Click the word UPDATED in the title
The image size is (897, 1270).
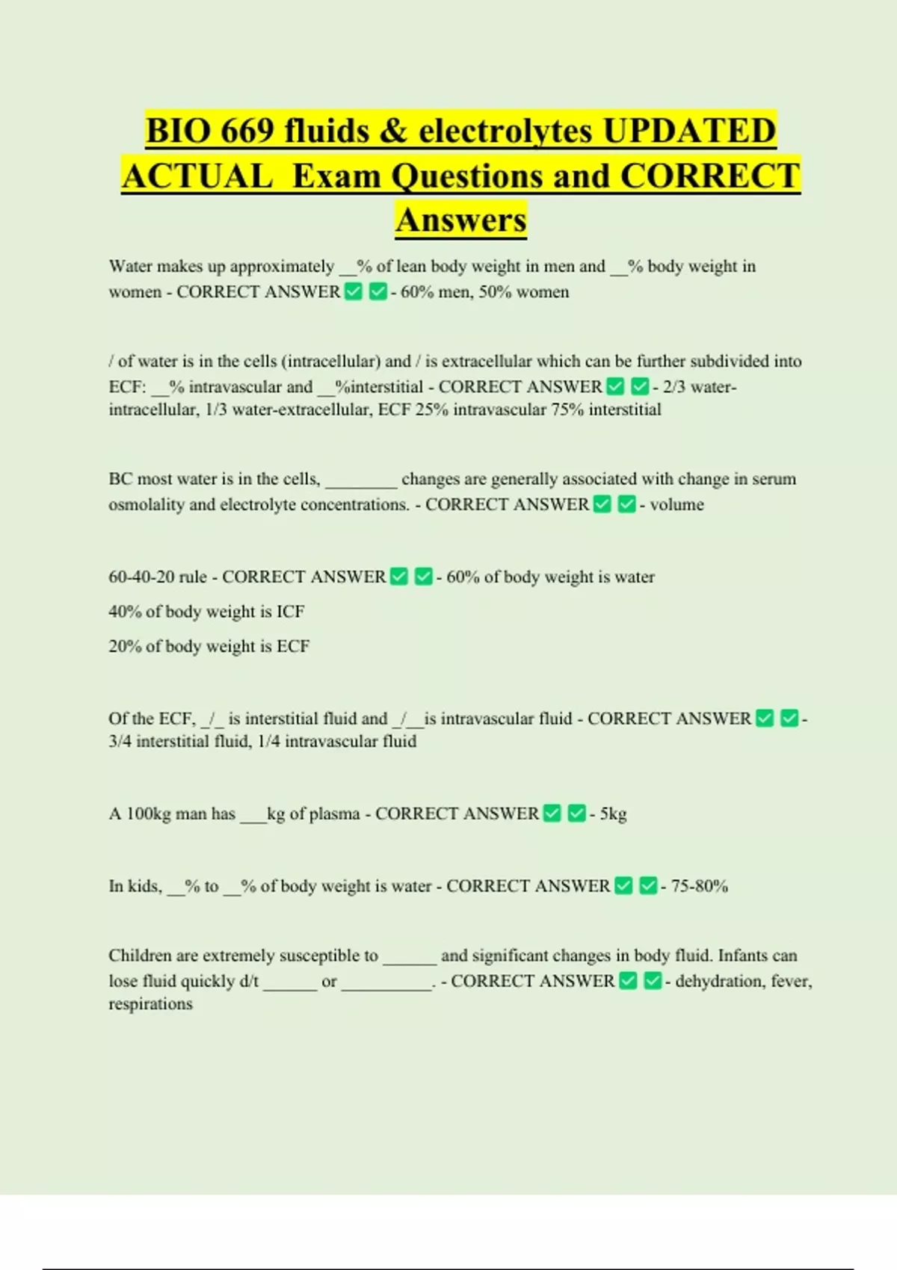689,131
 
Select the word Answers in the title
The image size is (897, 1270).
461,220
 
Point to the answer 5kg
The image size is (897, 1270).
613,814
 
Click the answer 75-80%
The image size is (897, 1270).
700,886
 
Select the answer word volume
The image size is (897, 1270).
676,504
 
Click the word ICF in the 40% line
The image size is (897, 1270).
290,612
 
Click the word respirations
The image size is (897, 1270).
150,1004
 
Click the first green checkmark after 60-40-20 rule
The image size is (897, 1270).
399,577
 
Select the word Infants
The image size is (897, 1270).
742,955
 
